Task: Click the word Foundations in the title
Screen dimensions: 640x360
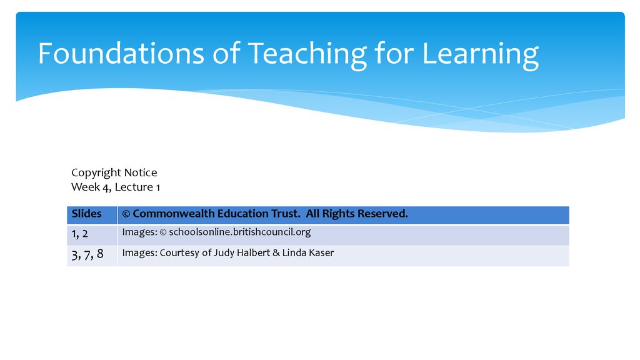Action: coord(121,54)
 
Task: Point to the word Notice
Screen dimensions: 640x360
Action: coord(141,172)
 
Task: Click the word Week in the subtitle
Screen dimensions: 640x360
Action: coord(85,187)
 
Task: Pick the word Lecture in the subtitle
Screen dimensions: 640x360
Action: coord(134,187)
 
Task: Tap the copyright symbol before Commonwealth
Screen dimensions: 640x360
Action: coord(126,214)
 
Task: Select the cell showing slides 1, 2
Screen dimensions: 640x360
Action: coord(92,235)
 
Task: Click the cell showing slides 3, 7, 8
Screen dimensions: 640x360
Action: coord(92,256)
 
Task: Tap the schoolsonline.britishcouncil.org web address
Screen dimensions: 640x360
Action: coord(240,232)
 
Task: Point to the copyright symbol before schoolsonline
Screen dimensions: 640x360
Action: coord(163,232)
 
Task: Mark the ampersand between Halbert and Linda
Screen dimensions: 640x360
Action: coord(276,253)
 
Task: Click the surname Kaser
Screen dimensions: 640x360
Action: coord(321,252)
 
